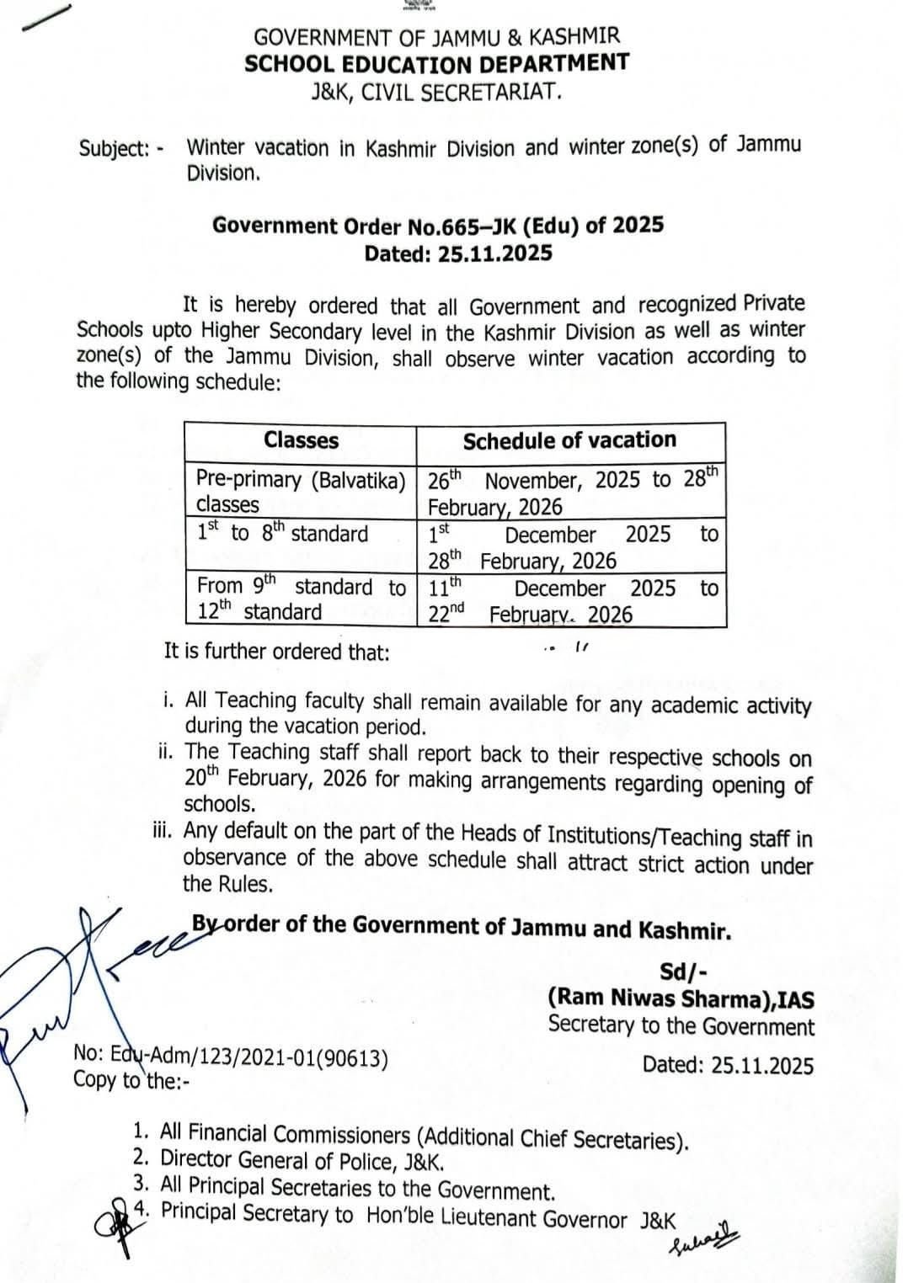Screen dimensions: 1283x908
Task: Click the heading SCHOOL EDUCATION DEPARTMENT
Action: pyautogui.click(x=436, y=63)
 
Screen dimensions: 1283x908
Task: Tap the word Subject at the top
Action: pyautogui.click(x=114, y=149)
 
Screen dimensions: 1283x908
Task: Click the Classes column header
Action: pyautogui.click(x=301, y=440)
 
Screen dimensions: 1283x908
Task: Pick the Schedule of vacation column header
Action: pyautogui.click(x=569, y=440)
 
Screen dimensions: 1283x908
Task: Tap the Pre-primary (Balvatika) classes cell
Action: pyautogui.click(x=301, y=492)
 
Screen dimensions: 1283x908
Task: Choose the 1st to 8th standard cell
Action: pyautogui.click(x=283, y=534)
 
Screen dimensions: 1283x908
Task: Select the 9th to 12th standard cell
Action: pyautogui.click(x=301, y=599)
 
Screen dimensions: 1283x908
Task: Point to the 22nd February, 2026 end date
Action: pyautogui.click(x=531, y=615)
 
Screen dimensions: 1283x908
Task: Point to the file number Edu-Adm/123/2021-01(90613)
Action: pyautogui.click(x=232, y=1056)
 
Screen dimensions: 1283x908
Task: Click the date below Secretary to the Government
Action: pyautogui.click(x=728, y=1065)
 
